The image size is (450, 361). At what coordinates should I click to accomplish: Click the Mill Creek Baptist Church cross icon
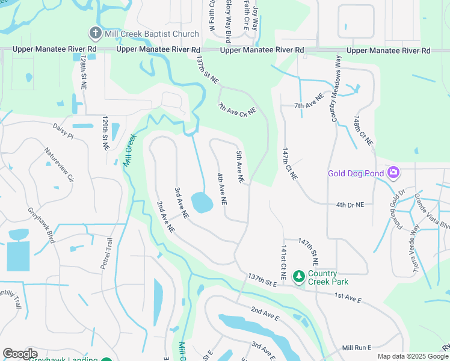pyautogui.click(x=95, y=32)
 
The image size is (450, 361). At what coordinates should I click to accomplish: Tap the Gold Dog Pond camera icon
pyautogui.click(x=393, y=174)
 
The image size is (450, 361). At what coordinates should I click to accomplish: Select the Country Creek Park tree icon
pyautogui.click(x=298, y=277)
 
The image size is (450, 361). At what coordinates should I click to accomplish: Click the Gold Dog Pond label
pyautogui.click(x=356, y=174)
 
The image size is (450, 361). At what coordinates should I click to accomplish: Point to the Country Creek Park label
pyautogui.click(x=328, y=277)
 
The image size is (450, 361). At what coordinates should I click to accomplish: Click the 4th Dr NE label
pyautogui.click(x=351, y=205)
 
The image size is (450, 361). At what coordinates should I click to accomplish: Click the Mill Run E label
pyautogui.click(x=357, y=348)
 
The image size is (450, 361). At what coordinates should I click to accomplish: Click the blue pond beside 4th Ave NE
pyautogui.click(x=202, y=203)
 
